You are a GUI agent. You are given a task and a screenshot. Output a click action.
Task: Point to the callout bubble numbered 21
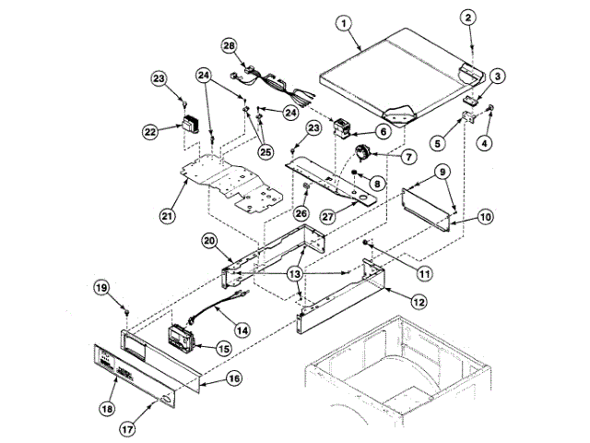(167, 216)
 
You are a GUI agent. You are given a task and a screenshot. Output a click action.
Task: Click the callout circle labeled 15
(222, 349)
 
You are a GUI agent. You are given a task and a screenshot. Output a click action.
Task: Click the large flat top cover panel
(387, 69)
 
